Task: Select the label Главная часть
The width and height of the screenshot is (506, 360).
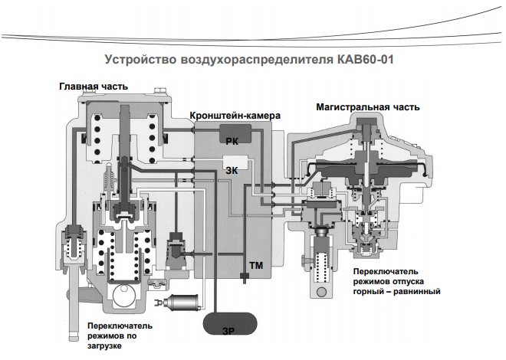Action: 94,87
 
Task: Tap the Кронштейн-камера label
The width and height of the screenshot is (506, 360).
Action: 235,115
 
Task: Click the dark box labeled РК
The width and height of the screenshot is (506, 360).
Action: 232,138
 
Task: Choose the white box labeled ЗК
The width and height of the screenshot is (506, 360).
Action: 232,171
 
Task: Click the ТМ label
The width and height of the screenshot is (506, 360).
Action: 256,264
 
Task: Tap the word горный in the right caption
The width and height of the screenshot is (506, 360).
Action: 371,292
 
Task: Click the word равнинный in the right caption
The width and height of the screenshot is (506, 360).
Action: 419,292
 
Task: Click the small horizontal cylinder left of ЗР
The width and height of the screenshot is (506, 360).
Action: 179,303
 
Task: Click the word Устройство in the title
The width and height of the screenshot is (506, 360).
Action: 133,59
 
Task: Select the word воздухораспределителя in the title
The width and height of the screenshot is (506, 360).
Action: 246,59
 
